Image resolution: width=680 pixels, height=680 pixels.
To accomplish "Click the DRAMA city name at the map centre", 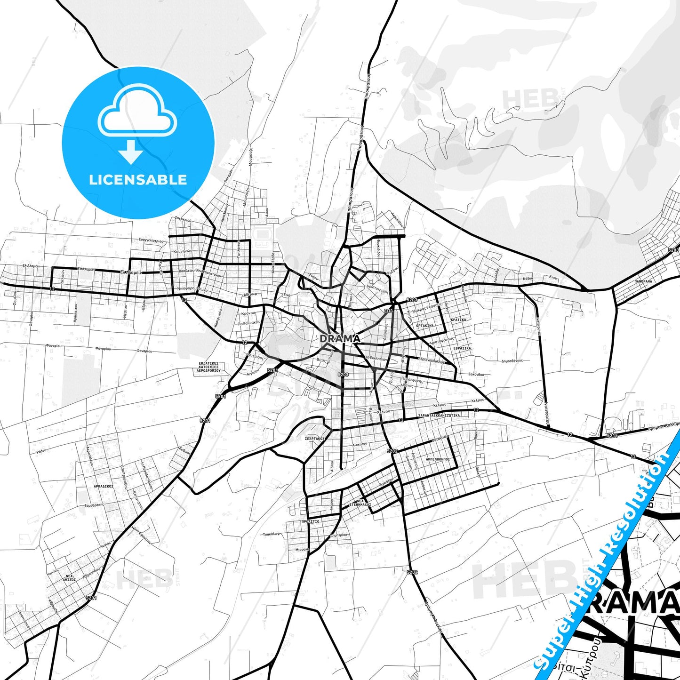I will (340, 338).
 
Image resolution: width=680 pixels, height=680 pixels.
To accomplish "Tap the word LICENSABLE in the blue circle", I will (138, 179).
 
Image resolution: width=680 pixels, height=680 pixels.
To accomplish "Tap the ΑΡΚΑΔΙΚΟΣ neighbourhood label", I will (103, 486).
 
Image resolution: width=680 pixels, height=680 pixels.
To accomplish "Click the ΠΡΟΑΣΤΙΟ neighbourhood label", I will (310, 521).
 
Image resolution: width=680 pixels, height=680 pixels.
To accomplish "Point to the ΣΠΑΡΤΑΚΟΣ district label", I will (315, 438).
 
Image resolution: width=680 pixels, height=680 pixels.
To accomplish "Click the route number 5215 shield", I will (612, 436).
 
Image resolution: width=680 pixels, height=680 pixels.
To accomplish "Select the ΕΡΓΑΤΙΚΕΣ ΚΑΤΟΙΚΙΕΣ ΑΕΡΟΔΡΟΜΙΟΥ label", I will (208, 367).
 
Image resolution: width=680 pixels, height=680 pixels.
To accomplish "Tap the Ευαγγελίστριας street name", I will (151, 240).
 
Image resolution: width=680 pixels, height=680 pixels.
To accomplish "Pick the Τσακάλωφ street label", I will (272, 534).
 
